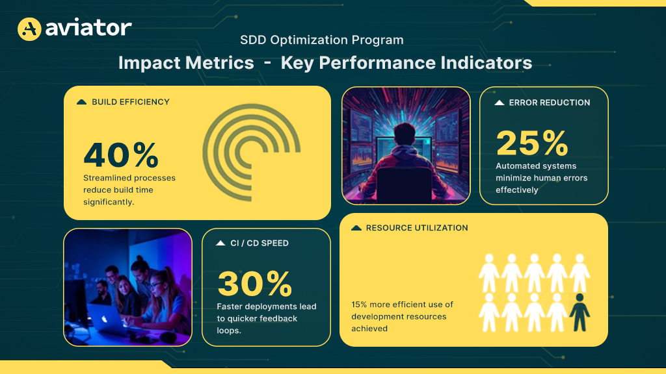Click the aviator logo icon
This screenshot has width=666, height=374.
[x=29, y=29]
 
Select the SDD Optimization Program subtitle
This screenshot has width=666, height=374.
[x=321, y=40]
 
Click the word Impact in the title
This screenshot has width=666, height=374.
[x=145, y=63]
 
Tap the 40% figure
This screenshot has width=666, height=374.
[x=121, y=155]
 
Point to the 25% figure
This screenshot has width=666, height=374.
[x=532, y=143]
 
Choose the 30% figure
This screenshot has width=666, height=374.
[x=255, y=284]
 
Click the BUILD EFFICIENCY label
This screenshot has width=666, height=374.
[x=130, y=102]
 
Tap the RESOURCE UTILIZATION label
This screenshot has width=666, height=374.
[x=417, y=228]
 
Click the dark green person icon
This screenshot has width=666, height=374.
[x=579, y=312]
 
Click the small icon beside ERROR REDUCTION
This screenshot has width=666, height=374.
[x=499, y=103]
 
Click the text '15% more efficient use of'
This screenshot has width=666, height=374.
[x=402, y=305]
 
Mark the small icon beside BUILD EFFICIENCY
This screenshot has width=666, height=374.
[x=82, y=102]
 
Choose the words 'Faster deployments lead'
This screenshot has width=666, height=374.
[x=267, y=306]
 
